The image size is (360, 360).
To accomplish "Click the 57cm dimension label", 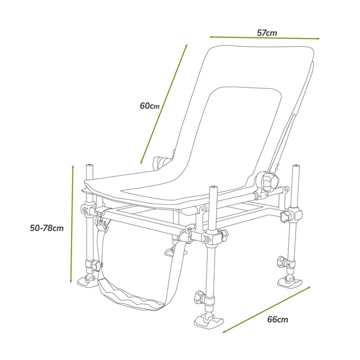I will [x=267, y=33].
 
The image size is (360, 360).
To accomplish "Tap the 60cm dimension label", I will [x=149, y=106].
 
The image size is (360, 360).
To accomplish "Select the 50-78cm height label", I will [x=46, y=228].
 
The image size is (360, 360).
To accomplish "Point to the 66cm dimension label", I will [x=278, y=319].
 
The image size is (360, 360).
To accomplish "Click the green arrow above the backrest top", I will [x=264, y=38].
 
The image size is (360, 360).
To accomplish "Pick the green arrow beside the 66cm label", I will [x=267, y=309].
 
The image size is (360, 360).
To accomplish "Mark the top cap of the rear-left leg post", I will [x=90, y=166].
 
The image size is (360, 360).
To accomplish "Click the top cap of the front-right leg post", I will [x=213, y=187].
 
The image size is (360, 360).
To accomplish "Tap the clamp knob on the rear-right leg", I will [x=284, y=217].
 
